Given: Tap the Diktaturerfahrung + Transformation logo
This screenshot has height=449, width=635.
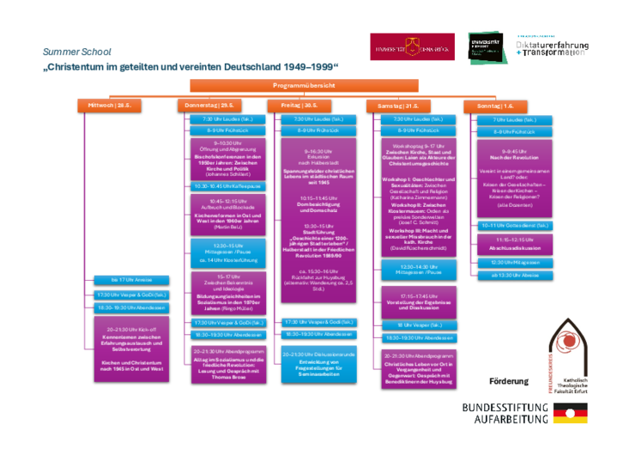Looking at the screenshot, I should click(553, 44).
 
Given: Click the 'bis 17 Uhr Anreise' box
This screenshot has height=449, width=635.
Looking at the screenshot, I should click(132, 280).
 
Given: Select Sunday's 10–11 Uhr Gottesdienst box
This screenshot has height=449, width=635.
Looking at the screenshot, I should click(514, 225).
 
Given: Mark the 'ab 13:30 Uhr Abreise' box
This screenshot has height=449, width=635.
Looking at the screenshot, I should click(514, 275).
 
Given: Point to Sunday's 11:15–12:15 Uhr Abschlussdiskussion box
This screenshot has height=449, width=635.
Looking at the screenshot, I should click(514, 243).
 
